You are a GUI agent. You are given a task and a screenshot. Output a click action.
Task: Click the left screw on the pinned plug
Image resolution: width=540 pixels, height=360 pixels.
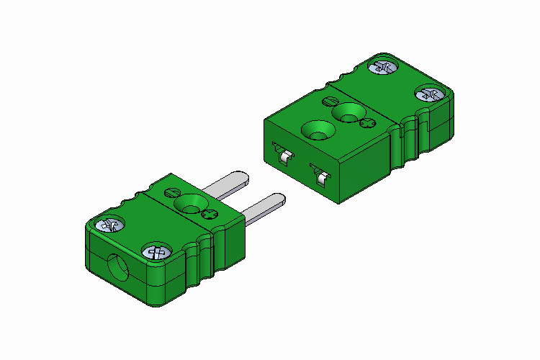(112, 225)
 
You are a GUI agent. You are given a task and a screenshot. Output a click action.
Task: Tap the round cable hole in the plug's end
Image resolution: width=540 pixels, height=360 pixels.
(119, 267)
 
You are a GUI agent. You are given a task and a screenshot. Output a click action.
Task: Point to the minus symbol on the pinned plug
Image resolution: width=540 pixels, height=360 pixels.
(172, 192)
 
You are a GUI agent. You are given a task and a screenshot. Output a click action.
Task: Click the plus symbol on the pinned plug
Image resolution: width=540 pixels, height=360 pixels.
(210, 215)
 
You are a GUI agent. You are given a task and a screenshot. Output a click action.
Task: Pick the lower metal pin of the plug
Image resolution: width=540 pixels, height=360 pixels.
(262, 206)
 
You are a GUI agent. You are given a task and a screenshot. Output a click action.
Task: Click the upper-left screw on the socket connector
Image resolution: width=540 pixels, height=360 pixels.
(383, 68)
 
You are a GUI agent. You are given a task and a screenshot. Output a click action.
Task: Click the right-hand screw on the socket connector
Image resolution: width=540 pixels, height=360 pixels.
(430, 94)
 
